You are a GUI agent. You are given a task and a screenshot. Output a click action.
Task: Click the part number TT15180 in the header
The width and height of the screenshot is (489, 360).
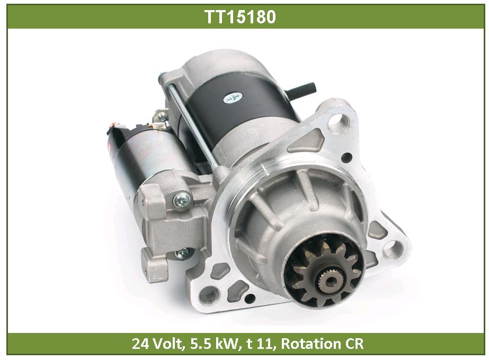point(240,16)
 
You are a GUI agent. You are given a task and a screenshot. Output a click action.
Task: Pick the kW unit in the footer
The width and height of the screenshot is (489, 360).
point(225,344)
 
